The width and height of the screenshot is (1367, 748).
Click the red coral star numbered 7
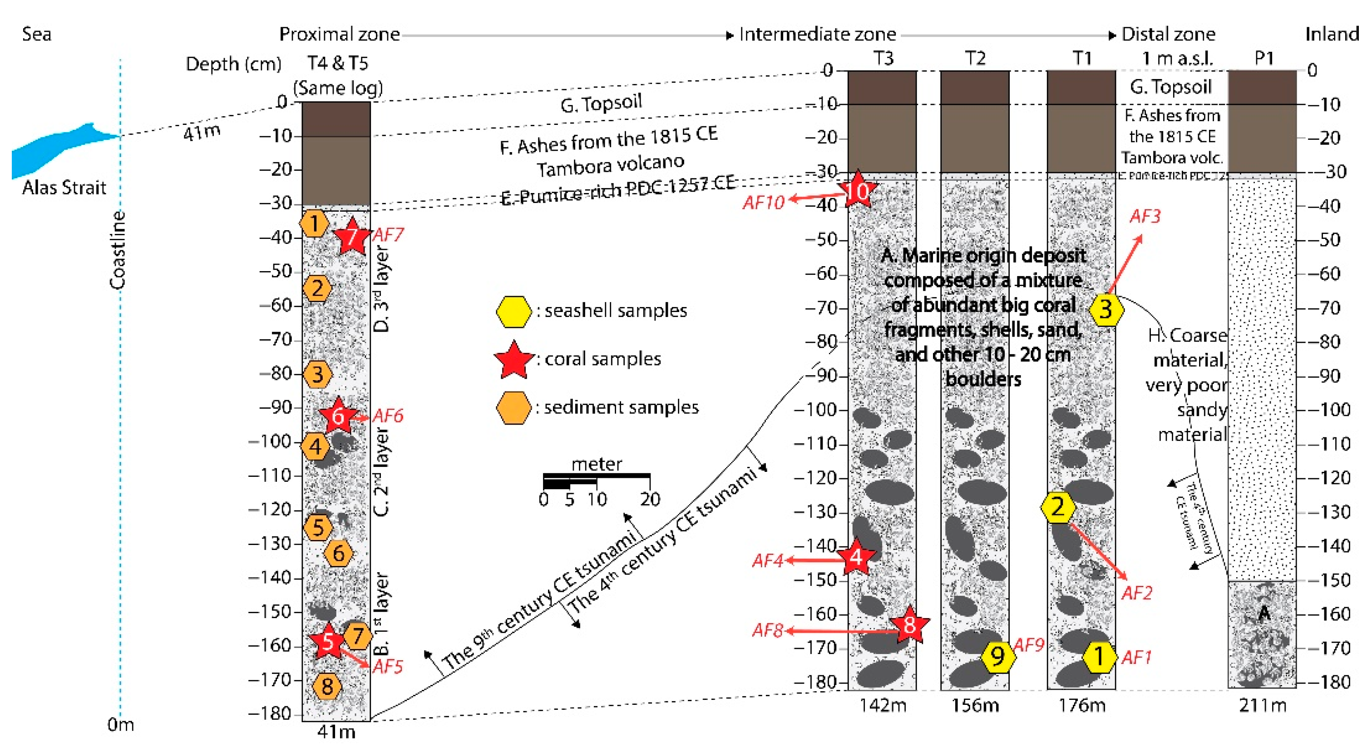point(351,237)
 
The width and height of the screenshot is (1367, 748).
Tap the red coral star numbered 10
point(858,191)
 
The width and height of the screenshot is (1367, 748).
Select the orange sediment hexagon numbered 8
point(327,686)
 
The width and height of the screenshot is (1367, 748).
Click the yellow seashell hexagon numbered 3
point(1106,309)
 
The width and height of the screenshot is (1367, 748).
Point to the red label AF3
point(1145,216)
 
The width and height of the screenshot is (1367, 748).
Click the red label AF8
point(767,631)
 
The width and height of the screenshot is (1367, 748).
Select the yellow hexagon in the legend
point(513,311)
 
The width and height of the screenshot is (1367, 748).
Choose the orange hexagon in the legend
point(513,408)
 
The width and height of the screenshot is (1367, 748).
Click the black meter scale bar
point(596,480)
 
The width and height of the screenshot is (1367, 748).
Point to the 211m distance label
point(1263,705)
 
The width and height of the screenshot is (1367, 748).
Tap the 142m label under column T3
point(883,705)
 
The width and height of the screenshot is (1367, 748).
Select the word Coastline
point(118,249)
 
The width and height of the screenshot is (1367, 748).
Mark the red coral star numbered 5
point(328,641)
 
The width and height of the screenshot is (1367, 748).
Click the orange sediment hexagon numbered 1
point(314,223)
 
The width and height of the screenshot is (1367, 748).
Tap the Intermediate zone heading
point(817,35)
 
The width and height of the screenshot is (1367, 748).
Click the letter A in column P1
point(1264,614)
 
